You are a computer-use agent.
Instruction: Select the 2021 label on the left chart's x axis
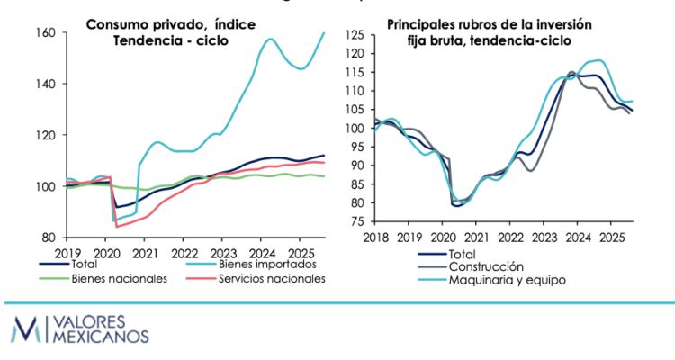pos(146,254)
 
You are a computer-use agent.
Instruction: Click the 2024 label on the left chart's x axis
pos(262,254)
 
